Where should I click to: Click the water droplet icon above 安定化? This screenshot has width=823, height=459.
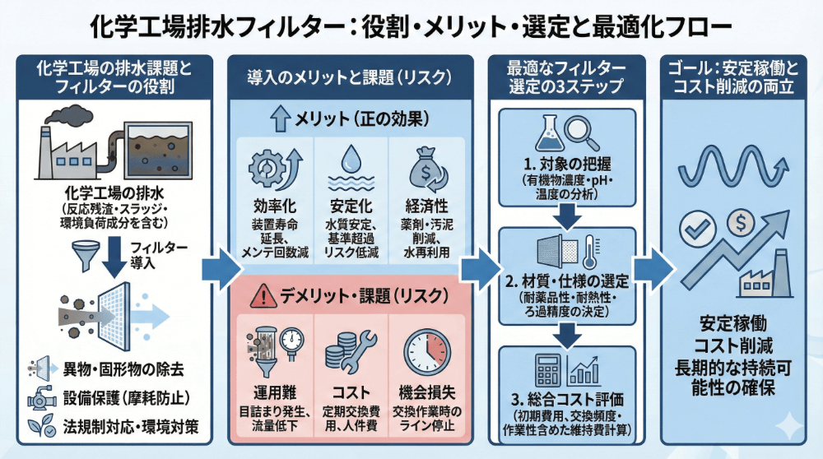click(x=351, y=160)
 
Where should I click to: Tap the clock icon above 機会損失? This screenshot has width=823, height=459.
click(x=427, y=350)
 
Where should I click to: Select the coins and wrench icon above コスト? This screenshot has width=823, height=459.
click(x=351, y=350)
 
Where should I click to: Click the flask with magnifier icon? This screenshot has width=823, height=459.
click(x=567, y=132)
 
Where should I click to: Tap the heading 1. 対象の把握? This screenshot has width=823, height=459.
click(x=567, y=164)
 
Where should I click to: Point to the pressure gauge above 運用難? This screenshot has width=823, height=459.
click(x=289, y=341)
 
